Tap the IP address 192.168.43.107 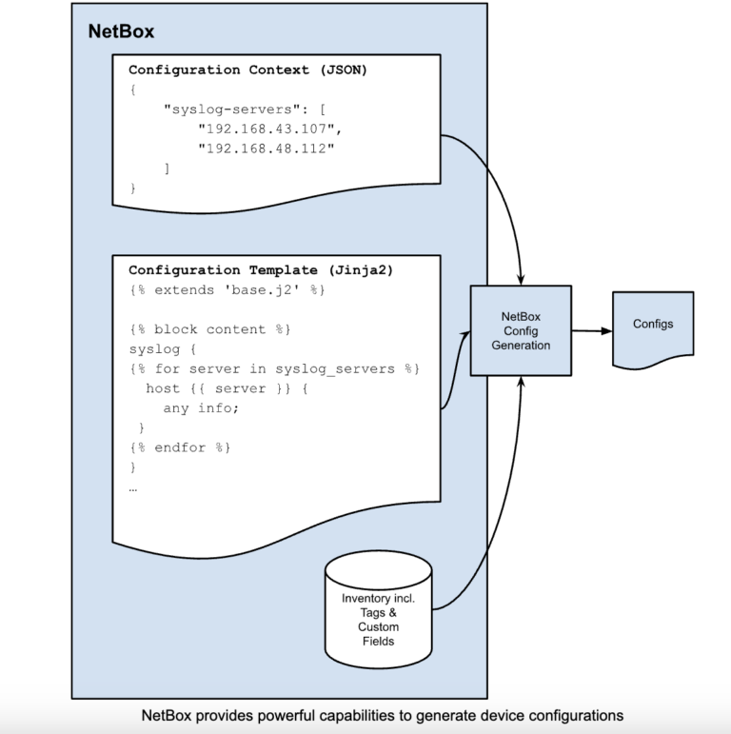[268, 128]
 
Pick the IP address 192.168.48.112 [268, 148]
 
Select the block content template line [208, 329]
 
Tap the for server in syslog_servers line [273, 368]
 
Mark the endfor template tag [180, 446]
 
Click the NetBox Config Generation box [521, 330]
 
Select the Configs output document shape [652, 328]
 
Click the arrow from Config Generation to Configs [590, 330]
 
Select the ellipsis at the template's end [133, 487]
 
